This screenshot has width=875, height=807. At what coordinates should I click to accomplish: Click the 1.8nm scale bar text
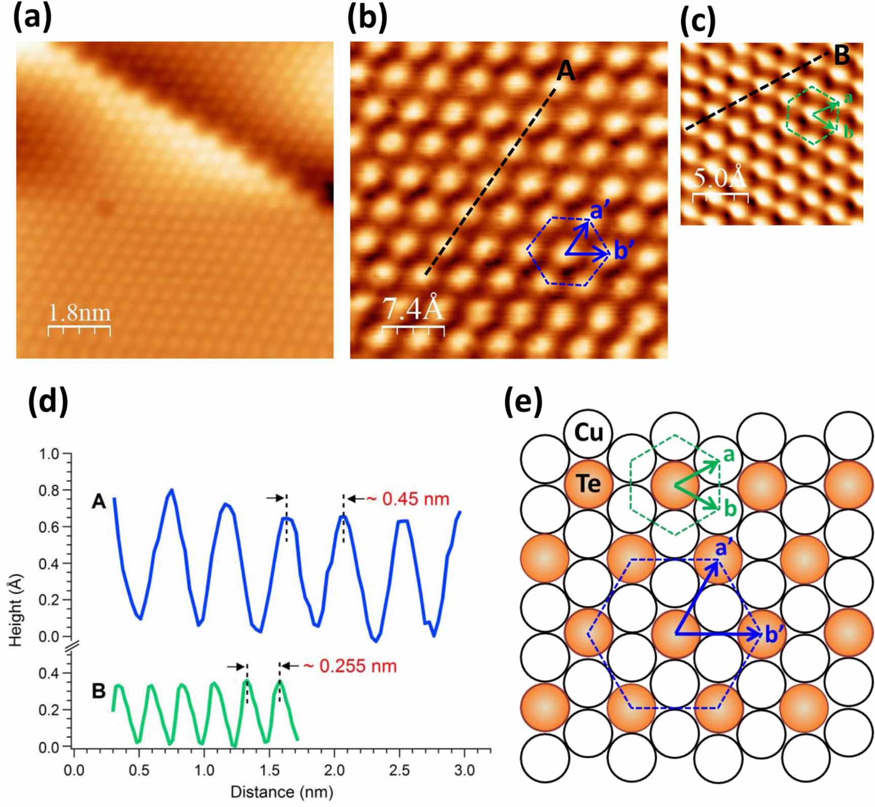click(80, 313)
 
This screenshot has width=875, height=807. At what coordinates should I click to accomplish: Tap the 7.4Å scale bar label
click(413, 309)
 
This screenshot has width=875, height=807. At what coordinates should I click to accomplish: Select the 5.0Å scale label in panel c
click(719, 177)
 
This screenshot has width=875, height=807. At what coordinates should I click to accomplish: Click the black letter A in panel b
click(566, 71)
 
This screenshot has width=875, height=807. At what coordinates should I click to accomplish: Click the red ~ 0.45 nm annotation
click(407, 499)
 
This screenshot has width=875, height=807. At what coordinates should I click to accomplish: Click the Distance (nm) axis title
click(282, 791)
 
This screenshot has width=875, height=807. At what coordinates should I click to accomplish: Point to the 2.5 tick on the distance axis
click(400, 771)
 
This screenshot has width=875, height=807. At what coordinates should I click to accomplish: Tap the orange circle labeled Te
click(588, 484)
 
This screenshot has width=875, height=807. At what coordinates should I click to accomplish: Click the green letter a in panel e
click(729, 456)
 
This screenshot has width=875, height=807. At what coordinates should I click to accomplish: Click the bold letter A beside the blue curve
click(99, 502)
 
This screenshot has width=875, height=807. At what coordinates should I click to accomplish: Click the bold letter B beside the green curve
click(99, 691)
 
